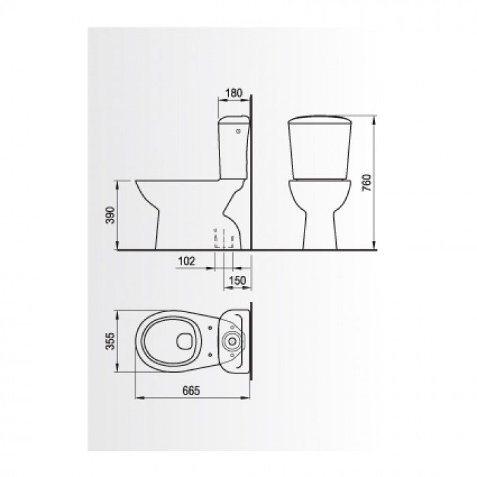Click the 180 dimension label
click(234, 93)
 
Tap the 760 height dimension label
click(367, 183)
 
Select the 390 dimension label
click(110, 215)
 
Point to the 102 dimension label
click(186, 261)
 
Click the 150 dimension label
click(237, 281)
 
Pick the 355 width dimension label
click(110, 341)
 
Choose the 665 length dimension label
click(191, 390)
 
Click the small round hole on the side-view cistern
click(238, 132)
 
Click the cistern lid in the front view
click(320, 119)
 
